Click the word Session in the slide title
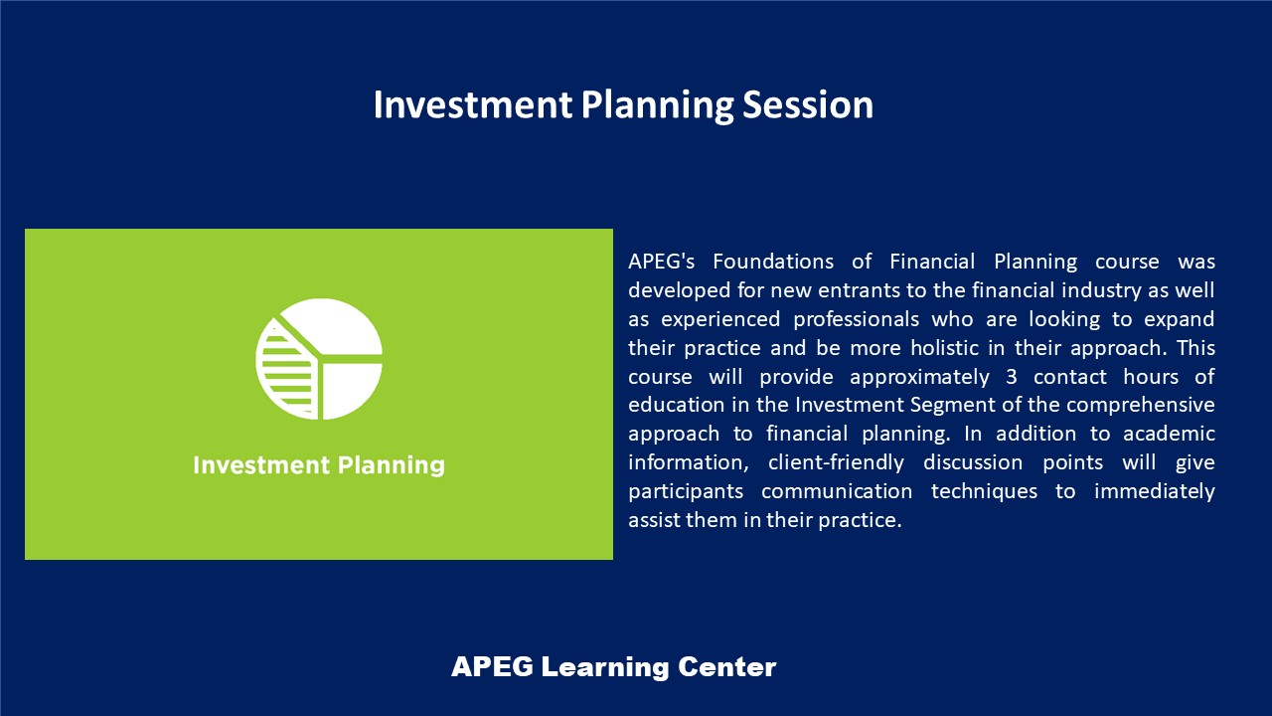808,104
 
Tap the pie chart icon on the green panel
319,359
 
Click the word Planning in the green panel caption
392,465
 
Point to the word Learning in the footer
605,666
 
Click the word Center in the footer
726,666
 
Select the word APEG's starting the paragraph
662,262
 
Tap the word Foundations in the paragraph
773,262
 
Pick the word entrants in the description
860,290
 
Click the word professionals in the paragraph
856,319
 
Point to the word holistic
944,348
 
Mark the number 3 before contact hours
1012,377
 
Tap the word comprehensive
1140,405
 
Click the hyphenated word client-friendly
836,462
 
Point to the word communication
837,491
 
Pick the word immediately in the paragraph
1155,491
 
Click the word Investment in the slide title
472,104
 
